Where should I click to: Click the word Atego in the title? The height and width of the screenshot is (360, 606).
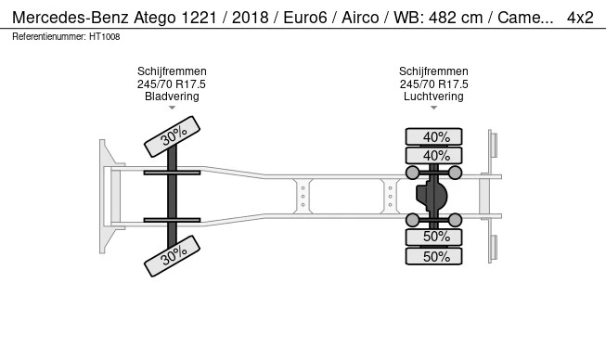point(155,19)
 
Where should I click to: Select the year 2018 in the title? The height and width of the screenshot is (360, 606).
point(250,18)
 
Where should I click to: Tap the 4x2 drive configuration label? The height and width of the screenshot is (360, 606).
point(580,18)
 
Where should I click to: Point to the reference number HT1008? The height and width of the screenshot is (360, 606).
point(104,37)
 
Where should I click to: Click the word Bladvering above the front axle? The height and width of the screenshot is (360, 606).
point(172,96)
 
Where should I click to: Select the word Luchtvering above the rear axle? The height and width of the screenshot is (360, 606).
point(433,96)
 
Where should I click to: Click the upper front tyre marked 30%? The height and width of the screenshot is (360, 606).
point(172,136)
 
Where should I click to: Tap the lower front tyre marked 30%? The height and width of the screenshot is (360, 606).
point(172,256)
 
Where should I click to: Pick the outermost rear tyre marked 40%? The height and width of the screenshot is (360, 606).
point(433,136)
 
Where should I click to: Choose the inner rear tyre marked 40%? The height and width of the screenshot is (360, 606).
point(433,156)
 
